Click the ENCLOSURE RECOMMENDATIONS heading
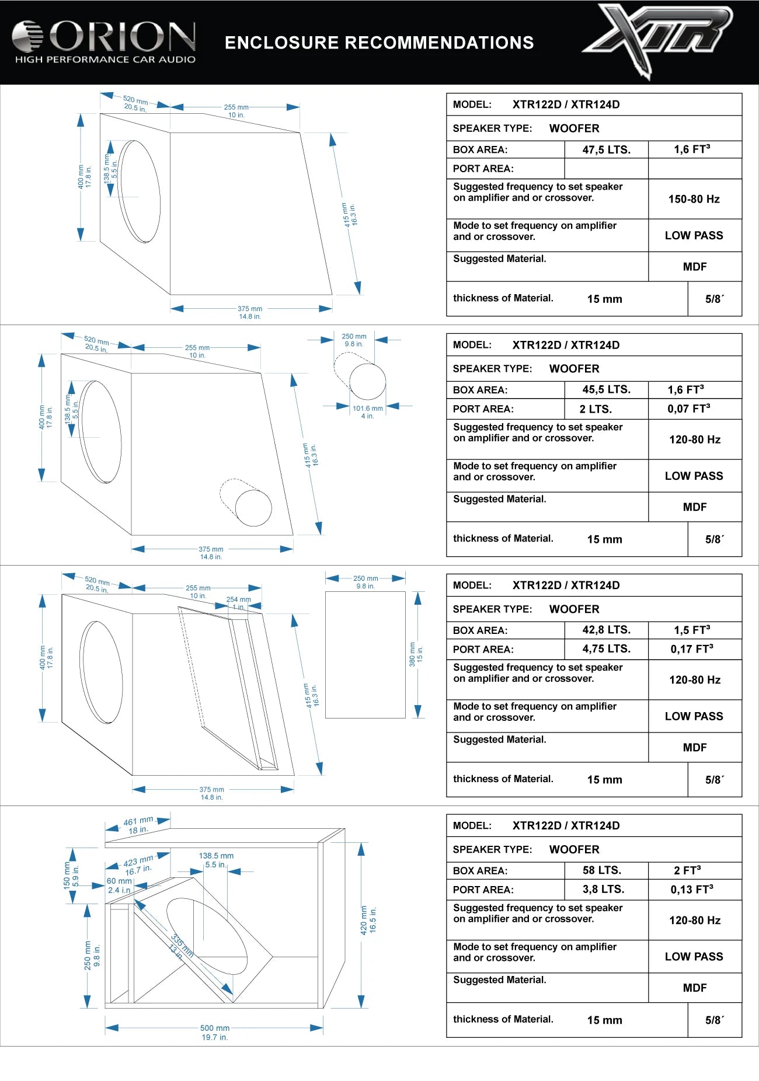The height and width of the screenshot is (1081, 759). coord(379,43)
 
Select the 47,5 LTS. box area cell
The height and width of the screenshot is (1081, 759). coord(606,149)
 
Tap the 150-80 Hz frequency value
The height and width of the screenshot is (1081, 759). coord(694,199)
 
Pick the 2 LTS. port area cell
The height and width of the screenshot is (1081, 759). coord(596,409)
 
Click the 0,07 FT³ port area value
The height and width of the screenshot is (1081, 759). coord(689,409)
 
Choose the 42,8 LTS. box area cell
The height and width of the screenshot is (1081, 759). coord(606,630)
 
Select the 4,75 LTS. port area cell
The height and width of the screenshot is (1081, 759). coord(606,648)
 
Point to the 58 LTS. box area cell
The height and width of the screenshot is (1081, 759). coord(602,870)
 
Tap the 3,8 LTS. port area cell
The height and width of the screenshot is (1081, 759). coord(603,889)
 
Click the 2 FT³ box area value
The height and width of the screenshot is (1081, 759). coord(687,870)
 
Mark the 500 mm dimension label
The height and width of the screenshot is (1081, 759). coord(214,1028)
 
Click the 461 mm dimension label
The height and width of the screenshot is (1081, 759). coord(138,821)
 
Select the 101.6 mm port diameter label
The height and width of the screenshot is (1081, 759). coord(367,409)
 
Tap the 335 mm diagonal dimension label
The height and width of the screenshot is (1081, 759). coord(182,945)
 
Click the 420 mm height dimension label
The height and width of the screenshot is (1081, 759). coord(364,920)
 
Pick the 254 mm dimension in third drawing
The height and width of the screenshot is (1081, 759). coord(238,599)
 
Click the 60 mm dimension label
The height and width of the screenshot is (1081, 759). coord(119,881)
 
